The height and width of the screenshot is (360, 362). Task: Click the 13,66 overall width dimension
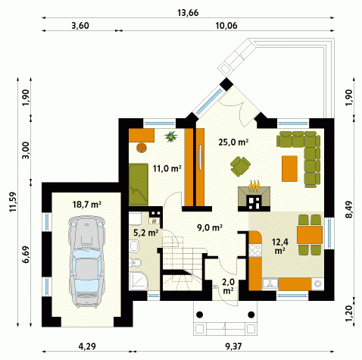pyautogui.click(x=188, y=13)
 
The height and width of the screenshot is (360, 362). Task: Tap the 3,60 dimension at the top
pyautogui.click(x=80, y=26)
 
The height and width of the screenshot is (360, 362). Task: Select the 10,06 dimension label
pyautogui.click(x=226, y=26)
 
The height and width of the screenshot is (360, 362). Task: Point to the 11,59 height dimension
pyautogui.click(x=13, y=202)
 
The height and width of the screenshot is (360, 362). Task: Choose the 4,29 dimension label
pyautogui.click(x=87, y=346)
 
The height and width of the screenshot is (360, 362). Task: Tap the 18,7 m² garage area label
pyautogui.click(x=87, y=204)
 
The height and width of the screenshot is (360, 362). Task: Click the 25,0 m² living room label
pyautogui.click(x=233, y=142)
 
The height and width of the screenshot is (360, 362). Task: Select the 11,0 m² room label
pyautogui.click(x=167, y=168)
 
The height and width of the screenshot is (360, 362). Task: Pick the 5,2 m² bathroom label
pyautogui.click(x=145, y=233)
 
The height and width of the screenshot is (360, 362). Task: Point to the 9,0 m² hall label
pyautogui.click(x=210, y=227)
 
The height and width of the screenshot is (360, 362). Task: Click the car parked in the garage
pyautogui.click(x=86, y=261)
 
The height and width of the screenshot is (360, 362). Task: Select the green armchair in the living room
pyautogui.click(x=240, y=166)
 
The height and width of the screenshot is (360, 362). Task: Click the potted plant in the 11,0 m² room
pyautogui.click(x=171, y=136)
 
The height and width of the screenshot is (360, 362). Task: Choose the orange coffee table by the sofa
pyautogui.click(x=289, y=168)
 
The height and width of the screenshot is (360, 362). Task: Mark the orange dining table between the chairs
pyautogui.click(x=310, y=235)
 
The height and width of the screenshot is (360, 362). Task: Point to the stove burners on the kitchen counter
pyautogui.click(x=254, y=250)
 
